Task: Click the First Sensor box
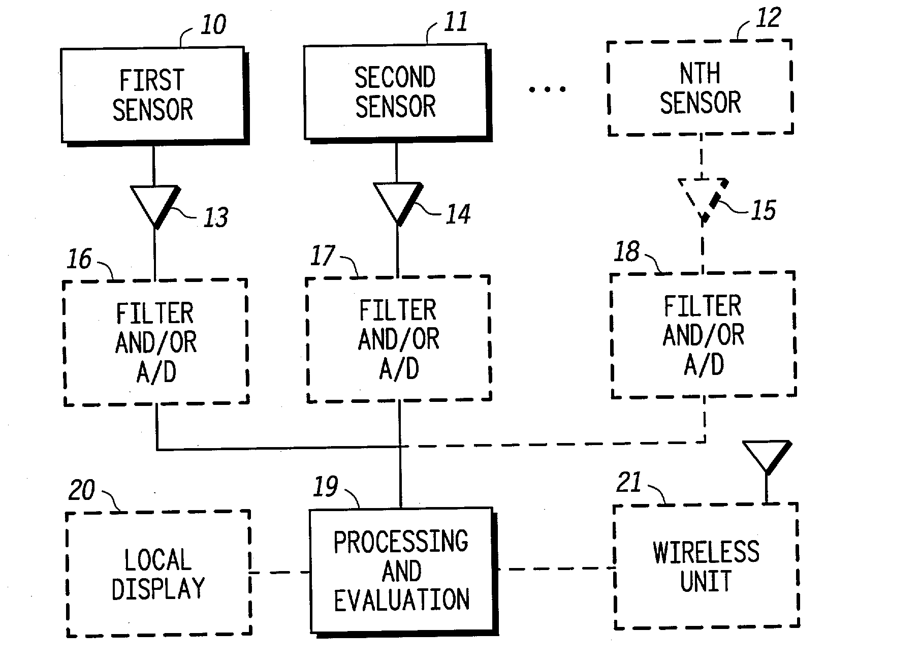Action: [x=154, y=96]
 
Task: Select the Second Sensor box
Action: [x=397, y=92]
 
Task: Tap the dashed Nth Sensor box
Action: [x=701, y=87]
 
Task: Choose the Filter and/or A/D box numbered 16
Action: [x=156, y=341]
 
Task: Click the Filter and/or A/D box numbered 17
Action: [x=399, y=339]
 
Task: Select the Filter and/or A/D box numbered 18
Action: [x=704, y=334]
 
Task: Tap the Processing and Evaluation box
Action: [x=403, y=571]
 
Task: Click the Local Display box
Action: [x=159, y=573]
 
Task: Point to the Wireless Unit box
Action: [x=706, y=566]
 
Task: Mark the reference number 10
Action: [x=213, y=25]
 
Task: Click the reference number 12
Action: [x=768, y=19]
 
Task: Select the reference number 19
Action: [x=326, y=487]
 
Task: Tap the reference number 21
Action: [x=629, y=482]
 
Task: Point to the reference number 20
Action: [x=82, y=490]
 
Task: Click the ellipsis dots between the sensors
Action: [x=548, y=89]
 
